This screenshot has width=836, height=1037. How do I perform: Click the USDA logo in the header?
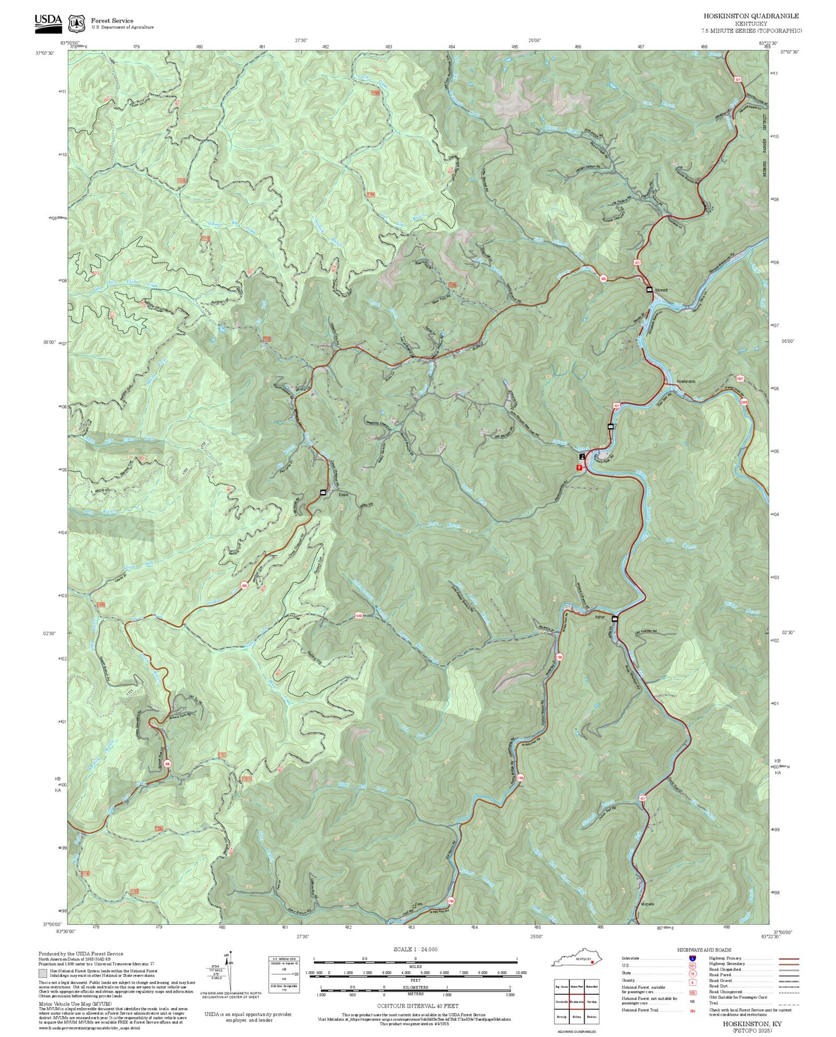click(48, 21)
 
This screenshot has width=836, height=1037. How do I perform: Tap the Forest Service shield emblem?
click(76, 24)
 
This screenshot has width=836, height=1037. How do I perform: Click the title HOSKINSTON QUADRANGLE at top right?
click(751, 16)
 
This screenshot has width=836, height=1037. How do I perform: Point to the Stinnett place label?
click(661, 290)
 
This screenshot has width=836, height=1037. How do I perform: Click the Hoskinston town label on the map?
click(686, 382)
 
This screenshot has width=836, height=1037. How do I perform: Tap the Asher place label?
click(599, 617)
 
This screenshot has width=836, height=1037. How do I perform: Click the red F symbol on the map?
click(579, 466)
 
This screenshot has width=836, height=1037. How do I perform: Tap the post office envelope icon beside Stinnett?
click(649, 289)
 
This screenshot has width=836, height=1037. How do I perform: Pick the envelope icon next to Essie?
click(323, 492)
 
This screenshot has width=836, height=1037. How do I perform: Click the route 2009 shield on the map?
click(744, 402)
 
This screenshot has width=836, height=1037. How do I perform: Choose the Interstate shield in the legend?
click(693, 958)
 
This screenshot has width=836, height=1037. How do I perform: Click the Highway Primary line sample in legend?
click(789, 958)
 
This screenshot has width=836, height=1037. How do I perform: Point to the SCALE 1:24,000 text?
click(415, 949)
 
